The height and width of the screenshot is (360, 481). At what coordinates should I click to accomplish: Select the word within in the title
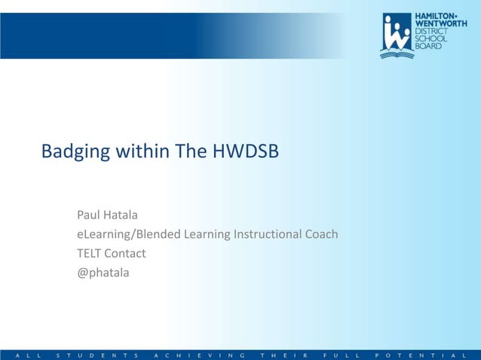tap(141, 151)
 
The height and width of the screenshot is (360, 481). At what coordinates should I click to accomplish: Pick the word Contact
tap(125, 253)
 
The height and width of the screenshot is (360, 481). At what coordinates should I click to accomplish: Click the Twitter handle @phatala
tap(103, 273)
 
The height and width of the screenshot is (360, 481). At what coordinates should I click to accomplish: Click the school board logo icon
tap(396, 35)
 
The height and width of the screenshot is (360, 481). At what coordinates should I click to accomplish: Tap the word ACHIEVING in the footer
tap(199, 354)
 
